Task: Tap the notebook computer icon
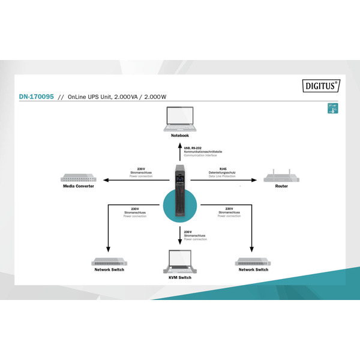click(x=180, y=119)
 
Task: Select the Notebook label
click(x=180, y=136)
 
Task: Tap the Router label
click(x=281, y=187)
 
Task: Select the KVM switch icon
click(x=180, y=262)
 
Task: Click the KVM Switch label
click(x=180, y=278)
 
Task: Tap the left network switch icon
click(x=109, y=262)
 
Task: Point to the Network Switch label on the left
click(x=109, y=270)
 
